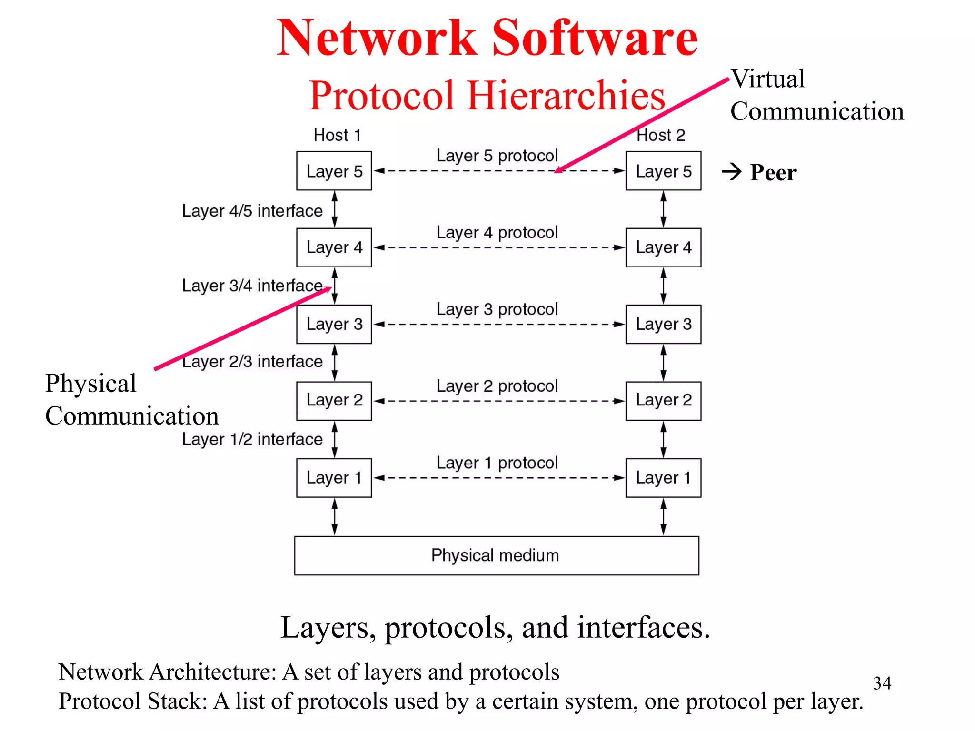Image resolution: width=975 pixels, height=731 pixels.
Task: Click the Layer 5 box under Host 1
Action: [x=334, y=171]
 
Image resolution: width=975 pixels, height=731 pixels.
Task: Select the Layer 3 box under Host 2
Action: [x=663, y=324]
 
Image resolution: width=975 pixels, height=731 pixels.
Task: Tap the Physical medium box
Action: [x=496, y=555]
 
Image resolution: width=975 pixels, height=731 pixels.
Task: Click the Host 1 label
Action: [x=337, y=135]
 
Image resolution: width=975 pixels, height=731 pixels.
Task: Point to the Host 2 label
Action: [x=661, y=135]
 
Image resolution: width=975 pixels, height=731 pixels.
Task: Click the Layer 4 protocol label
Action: [x=497, y=233]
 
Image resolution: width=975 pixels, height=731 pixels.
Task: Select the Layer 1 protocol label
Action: [x=497, y=463]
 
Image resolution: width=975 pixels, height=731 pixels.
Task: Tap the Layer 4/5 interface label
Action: [x=252, y=211]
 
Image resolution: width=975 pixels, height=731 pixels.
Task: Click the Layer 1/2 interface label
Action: [x=252, y=439]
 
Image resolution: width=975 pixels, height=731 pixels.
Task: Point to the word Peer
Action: [x=773, y=172]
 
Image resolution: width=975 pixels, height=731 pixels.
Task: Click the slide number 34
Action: [x=882, y=683]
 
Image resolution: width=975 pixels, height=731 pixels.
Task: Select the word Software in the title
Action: [x=595, y=38]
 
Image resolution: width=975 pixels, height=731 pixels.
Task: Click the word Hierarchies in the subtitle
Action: [x=566, y=96]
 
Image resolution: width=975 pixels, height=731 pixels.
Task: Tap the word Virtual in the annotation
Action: [x=768, y=79]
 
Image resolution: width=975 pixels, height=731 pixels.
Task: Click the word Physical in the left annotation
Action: [x=91, y=384]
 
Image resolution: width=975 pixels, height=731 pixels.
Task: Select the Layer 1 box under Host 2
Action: [x=663, y=478]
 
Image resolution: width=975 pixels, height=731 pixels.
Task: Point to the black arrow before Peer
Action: [x=732, y=172]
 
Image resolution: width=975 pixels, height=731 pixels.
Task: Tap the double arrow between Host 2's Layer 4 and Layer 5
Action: [x=663, y=209]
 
